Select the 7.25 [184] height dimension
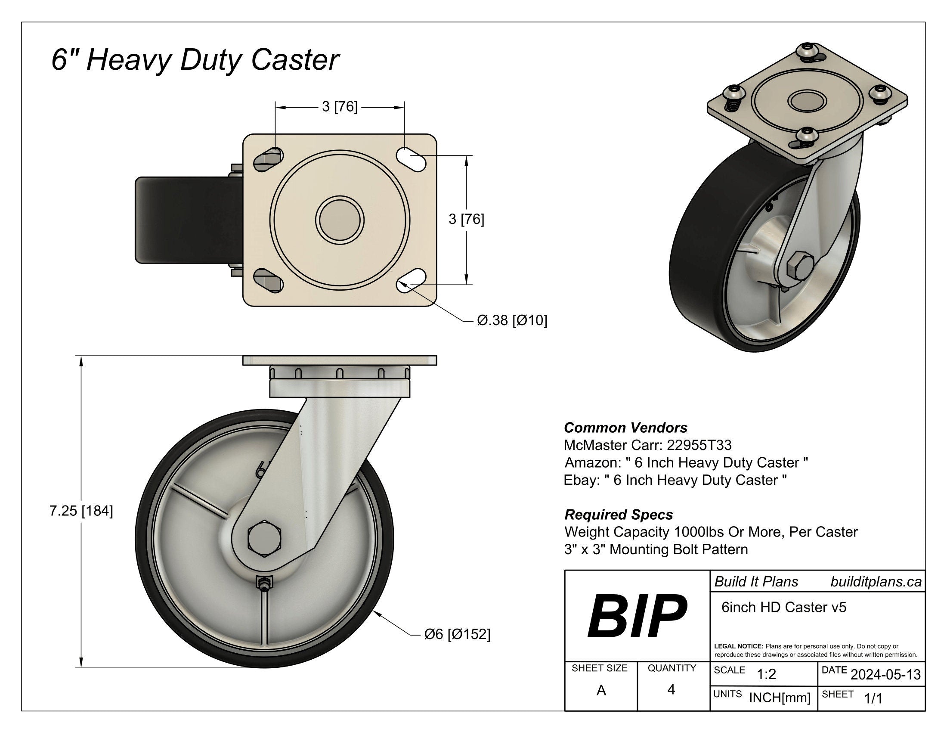click(x=81, y=511)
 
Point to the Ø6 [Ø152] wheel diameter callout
click(x=457, y=634)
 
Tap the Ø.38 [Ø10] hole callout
click(x=512, y=320)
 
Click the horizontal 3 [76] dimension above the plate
click(x=340, y=107)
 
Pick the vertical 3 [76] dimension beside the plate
click(x=466, y=220)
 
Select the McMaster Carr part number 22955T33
click(x=699, y=445)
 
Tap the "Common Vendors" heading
click(x=625, y=428)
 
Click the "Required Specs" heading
click(x=618, y=514)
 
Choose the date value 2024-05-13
click(x=885, y=675)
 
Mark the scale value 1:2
click(x=766, y=674)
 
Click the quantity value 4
click(x=671, y=689)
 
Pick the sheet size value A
click(x=601, y=690)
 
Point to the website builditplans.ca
click(x=876, y=582)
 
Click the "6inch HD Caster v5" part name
click(x=783, y=607)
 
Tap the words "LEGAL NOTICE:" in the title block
click(x=738, y=646)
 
